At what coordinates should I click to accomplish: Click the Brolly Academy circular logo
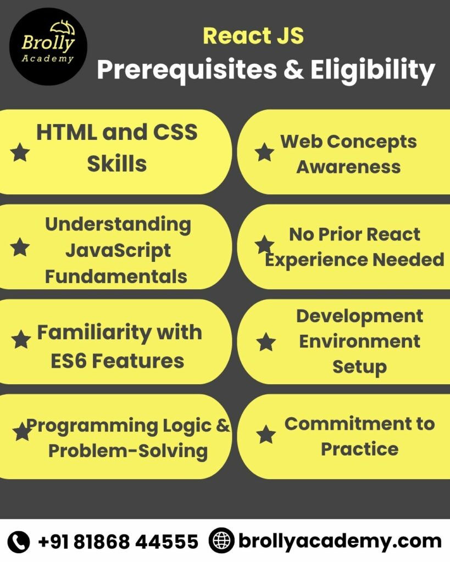[48, 47]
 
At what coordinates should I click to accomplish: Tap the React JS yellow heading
[253, 36]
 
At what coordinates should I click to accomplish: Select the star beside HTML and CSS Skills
[20, 152]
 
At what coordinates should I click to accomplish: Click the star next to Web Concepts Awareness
[265, 153]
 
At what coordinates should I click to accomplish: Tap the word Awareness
[348, 167]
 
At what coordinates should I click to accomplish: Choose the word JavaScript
[118, 250]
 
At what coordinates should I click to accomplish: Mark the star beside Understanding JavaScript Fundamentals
[20, 248]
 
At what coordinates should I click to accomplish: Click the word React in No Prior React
[393, 234]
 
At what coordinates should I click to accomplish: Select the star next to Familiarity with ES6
[21, 340]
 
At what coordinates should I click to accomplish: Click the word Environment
[359, 341]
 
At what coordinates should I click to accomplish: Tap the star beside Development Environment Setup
[266, 342]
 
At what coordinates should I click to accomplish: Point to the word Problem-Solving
[127, 451]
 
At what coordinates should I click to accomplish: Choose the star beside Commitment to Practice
[266, 435]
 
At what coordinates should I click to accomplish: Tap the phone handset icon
[20, 542]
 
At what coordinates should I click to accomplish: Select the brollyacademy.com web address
[340, 541]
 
